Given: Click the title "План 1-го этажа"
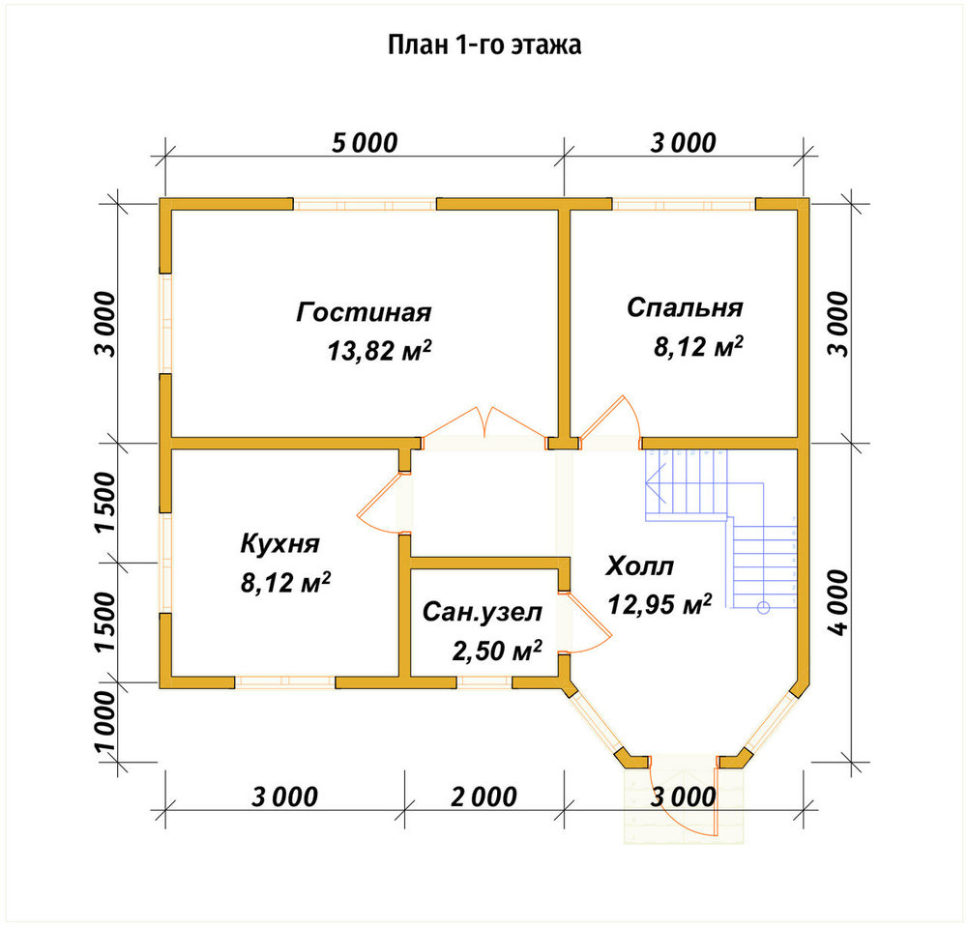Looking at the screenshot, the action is [x=484, y=45].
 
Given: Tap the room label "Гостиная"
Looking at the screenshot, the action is [x=364, y=312].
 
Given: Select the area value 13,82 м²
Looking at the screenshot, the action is [x=379, y=350].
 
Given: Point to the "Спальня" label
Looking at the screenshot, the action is [x=685, y=307].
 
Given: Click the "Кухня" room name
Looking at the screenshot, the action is [x=280, y=543].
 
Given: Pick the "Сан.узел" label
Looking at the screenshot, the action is [x=483, y=612].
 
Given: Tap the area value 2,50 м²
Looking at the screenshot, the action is [x=497, y=651].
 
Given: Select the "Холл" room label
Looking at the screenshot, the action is [x=639, y=565].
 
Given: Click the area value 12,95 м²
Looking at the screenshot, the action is [x=659, y=604].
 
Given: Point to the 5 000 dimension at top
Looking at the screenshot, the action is [x=365, y=143].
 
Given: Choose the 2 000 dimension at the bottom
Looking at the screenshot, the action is [x=484, y=797].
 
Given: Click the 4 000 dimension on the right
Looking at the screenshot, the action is [x=837, y=602].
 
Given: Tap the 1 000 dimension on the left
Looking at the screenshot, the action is [x=104, y=722].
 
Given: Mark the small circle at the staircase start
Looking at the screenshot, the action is [x=764, y=608].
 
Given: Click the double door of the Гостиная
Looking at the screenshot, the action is [x=484, y=425].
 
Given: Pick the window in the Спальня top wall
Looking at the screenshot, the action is [x=684, y=203].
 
